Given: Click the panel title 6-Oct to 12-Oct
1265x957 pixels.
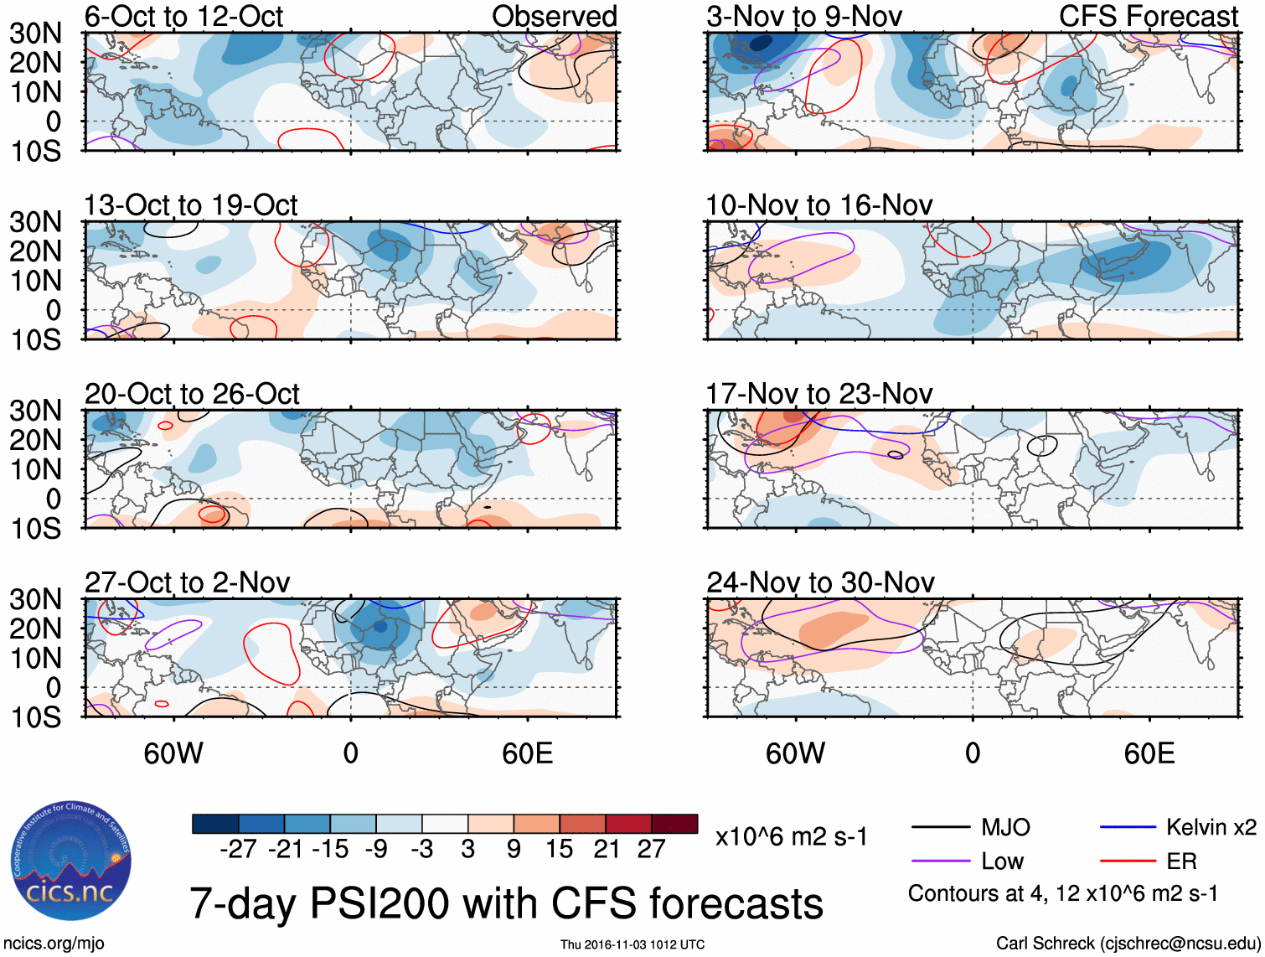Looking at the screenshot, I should tap(183, 16).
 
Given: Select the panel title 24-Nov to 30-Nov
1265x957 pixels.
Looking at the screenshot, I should tap(820, 582).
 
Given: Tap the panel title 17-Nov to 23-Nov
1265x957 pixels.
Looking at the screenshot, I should tap(818, 394).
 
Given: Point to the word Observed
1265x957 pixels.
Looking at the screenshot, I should tap(554, 16).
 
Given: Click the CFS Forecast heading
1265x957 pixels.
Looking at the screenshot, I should tap(1148, 16).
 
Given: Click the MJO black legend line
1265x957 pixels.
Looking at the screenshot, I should tap(941, 828).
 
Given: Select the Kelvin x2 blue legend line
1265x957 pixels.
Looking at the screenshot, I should tap(1128, 828).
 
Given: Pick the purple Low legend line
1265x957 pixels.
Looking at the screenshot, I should tap(941, 861).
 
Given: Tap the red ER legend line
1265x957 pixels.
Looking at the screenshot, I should tap(1128, 861).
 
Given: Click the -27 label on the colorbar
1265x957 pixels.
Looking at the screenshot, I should tap(238, 849).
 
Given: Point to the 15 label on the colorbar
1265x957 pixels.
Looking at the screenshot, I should tap(560, 849).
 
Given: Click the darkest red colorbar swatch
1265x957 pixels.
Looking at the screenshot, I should tap(674, 824).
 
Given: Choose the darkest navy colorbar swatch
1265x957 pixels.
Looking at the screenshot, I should tap(214, 824).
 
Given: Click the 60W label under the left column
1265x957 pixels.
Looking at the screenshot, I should tap(173, 753).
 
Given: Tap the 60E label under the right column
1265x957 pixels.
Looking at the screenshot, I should tap(1149, 753).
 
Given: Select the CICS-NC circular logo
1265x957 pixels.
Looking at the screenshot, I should tap(71, 861).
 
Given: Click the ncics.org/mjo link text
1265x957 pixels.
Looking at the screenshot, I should tap(54, 944).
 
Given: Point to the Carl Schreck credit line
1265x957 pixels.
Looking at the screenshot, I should tap(1128, 944).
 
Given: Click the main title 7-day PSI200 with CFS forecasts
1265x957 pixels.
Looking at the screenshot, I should tap(506, 903).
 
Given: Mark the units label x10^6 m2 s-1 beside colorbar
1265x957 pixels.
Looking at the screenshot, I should tap(791, 836).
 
